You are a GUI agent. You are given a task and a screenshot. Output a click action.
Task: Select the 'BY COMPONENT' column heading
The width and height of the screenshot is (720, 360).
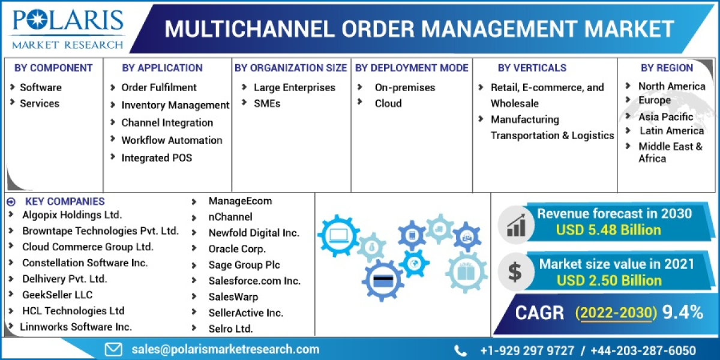pos(53,68)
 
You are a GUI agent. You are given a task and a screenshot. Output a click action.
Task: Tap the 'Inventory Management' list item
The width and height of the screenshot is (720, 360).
pos(175,105)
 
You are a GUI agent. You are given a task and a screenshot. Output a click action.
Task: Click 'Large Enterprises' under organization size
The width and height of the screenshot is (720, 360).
pos(294,88)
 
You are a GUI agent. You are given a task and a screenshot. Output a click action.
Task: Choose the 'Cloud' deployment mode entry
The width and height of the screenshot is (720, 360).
pos(388,103)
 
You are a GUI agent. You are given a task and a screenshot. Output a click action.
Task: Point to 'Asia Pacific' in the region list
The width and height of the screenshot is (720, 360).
pos(665,116)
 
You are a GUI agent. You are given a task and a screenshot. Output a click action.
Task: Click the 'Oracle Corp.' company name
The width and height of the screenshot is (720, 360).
pos(237,248)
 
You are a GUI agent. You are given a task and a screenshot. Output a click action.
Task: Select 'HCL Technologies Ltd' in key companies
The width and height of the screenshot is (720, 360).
pos(73,311)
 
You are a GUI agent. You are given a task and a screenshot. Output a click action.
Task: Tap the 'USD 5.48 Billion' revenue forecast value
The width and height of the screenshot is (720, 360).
pos(608,230)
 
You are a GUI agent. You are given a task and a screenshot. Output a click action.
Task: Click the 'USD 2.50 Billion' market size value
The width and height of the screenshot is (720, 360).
pos(609,280)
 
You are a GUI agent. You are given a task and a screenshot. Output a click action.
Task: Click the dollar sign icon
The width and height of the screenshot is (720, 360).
pos(515,272)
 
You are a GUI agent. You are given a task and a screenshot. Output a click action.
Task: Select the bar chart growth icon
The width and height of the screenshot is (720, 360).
pos(516,223)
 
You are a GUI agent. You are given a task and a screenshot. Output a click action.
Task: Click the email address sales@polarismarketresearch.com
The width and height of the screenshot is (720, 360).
pos(226,349)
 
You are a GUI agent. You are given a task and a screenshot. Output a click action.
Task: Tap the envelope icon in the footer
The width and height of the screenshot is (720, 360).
pos(113,349)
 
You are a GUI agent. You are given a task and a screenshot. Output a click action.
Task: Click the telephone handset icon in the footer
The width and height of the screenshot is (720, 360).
pos(461,350)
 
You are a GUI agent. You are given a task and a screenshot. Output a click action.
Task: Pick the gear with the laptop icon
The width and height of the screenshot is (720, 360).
pos(338,235)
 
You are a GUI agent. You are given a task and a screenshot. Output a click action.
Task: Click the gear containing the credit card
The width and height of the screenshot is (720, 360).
pos(383,280)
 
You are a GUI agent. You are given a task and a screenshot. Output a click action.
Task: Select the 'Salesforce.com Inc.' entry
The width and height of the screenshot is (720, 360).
pos(254,281)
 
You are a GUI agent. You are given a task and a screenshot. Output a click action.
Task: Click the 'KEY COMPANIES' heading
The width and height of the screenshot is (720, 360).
pos(65,202)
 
